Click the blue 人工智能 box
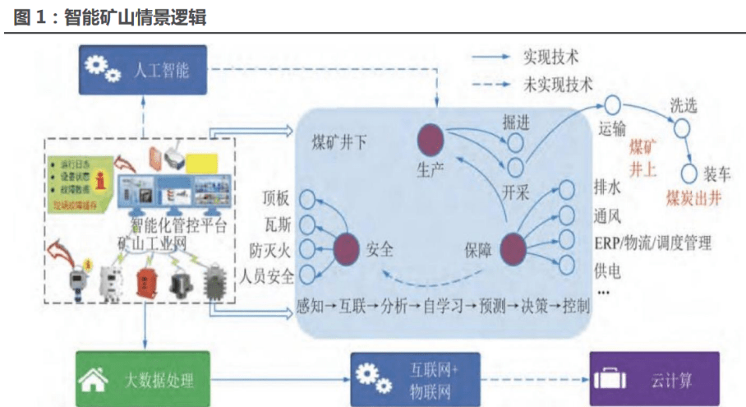point(143,70)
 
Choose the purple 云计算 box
point(654,379)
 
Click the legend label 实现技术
point(551,58)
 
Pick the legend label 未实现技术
point(558,83)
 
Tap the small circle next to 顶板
point(306,199)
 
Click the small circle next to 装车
point(689,173)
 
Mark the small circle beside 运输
point(612,104)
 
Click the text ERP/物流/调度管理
point(652,243)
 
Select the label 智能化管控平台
point(179,224)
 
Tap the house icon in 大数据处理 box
point(91,380)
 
